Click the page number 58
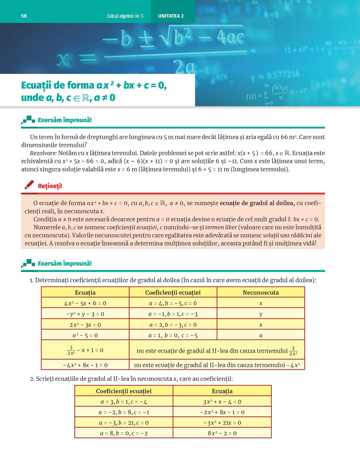pos(24,16)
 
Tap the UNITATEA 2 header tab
pos(171,16)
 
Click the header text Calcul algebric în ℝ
pos(125,16)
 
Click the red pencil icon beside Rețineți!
pos(30,185)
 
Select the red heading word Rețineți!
pos(50,186)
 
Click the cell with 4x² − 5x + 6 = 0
pos(85,303)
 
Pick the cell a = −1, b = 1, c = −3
pos(173,314)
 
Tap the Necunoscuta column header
pos(261,292)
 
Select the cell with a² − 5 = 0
pos(85,336)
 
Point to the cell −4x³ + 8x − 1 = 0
pos(85,365)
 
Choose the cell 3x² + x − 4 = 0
pos(222,402)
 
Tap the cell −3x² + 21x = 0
pos(222,423)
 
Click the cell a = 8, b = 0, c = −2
pos(124,433)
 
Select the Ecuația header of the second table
pos(222,391)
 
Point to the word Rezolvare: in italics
pos(43,153)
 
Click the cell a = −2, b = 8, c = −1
pos(124,412)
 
